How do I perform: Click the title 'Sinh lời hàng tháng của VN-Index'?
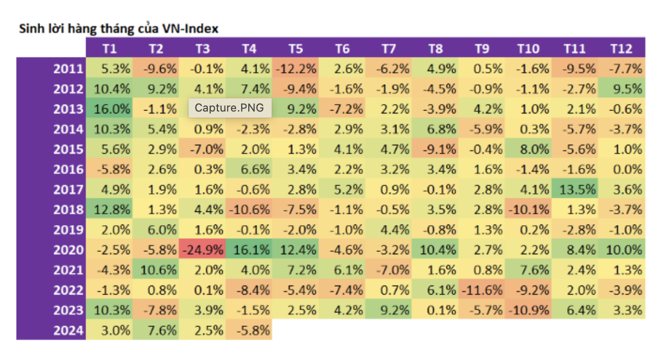point(119,28)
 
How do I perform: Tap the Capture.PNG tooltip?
point(230,108)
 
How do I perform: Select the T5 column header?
point(295,49)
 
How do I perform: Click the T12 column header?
point(621,49)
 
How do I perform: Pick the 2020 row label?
point(68,250)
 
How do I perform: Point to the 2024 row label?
point(68,331)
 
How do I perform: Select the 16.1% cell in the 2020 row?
point(249,250)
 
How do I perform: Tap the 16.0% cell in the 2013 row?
point(109,109)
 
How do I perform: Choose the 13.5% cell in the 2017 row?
point(575,190)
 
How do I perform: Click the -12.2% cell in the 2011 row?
point(295,68)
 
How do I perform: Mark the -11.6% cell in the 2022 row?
point(482,291)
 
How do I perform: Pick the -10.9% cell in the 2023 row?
point(528,310)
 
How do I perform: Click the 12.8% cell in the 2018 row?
point(109,209)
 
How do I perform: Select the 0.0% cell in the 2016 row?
point(621,169)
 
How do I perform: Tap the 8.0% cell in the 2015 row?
point(528,149)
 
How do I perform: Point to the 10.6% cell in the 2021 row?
point(156,270)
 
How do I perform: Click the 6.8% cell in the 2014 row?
point(435,129)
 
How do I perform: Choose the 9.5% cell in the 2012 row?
point(621,89)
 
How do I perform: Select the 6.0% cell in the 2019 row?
point(156,230)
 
